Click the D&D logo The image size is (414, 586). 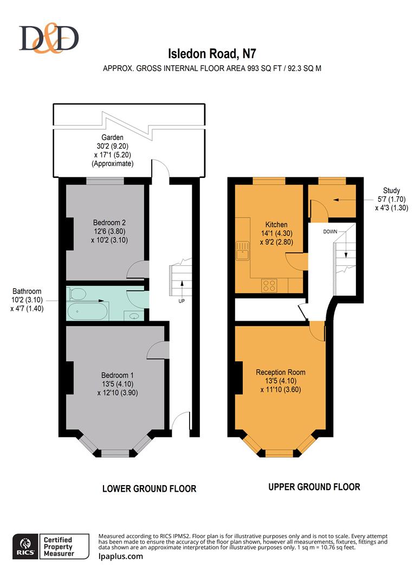click(49, 38)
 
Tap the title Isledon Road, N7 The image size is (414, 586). click(212, 54)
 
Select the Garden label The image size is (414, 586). click(112, 137)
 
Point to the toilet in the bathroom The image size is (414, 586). click(77, 294)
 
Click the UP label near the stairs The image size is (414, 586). click(182, 301)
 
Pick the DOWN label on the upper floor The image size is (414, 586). click(330, 232)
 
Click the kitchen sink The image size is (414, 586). click(243, 250)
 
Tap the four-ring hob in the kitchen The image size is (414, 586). click(269, 285)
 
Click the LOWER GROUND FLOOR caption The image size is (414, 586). click(150, 488)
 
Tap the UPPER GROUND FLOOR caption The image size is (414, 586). click(314, 487)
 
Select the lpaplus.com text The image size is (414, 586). click(121, 556)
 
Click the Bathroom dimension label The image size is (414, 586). click(27, 300)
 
